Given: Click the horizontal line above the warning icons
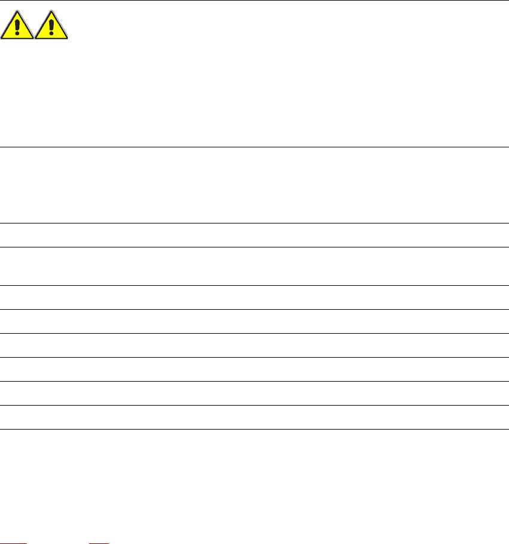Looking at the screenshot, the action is pyautogui.click(x=255, y=1).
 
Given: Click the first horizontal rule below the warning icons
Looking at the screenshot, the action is pyautogui.click(x=255, y=147).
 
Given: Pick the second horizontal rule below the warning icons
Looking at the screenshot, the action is pyautogui.click(x=255, y=223).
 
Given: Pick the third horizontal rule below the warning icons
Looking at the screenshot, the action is pyautogui.click(x=255, y=247).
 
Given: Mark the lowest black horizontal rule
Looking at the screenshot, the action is pyautogui.click(x=255, y=429).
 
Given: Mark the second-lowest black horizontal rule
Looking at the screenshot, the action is pyautogui.click(x=255, y=405).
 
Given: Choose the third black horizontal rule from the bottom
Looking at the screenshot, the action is pyautogui.click(x=255, y=381).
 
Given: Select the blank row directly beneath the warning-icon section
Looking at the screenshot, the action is pyautogui.click(x=255, y=185).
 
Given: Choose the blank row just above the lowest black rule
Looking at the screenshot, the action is pyautogui.click(x=255, y=417).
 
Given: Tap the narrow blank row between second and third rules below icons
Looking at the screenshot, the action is pyautogui.click(x=255, y=235).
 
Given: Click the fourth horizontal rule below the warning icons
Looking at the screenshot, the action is pyautogui.click(x=255, y=285).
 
